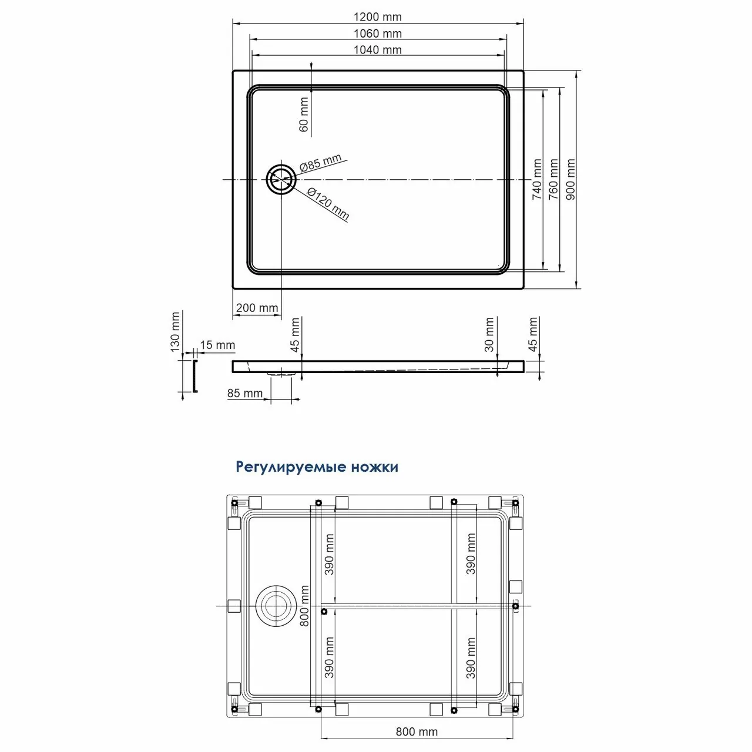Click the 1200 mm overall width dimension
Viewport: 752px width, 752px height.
(x=378, y=17)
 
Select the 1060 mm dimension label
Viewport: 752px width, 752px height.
(x=378, y=33)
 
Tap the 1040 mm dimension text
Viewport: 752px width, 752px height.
(x=378, y=50)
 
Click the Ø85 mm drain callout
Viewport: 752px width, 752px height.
(x=320, y=163)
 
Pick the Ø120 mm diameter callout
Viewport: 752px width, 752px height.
(x=328, y=203)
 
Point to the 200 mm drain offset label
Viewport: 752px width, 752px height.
(x=257, y=308)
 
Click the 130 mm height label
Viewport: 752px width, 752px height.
(x=175, y=331)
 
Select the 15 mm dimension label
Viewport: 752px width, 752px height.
(x=217, y=345)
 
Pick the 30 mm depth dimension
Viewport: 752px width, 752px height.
(x=489, y=334)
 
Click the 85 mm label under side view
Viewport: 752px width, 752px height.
(x=245, y=393)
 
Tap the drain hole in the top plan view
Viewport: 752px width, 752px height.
(x=280, y=179)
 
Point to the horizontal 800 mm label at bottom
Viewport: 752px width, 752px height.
(x=417, y=731)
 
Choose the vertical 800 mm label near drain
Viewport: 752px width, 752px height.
(x=304, y=606)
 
